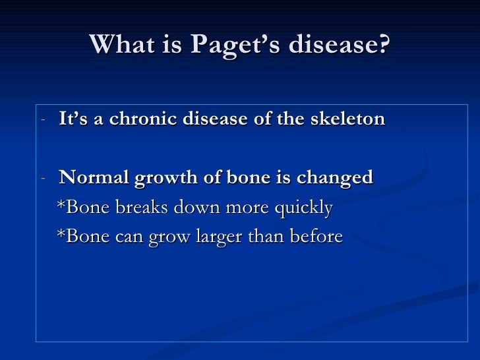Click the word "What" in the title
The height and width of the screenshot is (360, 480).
click(x=118, y=44)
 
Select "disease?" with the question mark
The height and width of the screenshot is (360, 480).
click(x=342, y=44)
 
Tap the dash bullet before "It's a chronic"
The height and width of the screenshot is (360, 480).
click(x=43, y=120)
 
